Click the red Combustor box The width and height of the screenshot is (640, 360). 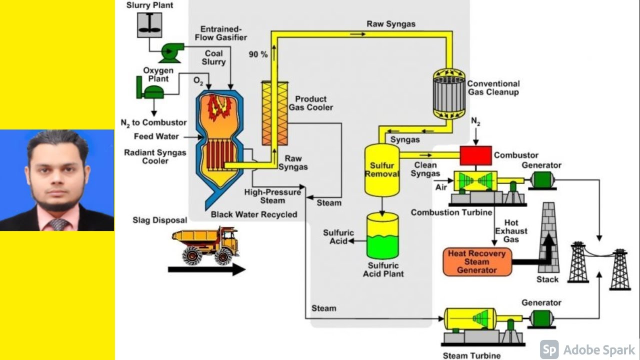(x=475, y=155)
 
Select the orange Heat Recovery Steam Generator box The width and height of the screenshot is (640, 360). (x=477, y=261)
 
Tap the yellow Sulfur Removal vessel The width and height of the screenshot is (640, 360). (x=382, y=170)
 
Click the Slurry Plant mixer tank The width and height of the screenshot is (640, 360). (x=149, y=24)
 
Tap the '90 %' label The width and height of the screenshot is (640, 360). (x=258, y=54)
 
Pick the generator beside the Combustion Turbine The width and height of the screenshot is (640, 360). (x=541, y=179)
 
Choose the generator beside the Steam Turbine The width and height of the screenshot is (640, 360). (x=541, y=317)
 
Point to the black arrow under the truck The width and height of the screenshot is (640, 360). (x=206, y=269)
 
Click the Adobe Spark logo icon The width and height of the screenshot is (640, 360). (x=549, y=349)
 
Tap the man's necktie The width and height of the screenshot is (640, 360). (x=58, y=224)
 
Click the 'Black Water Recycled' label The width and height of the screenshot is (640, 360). (x=254, y=214)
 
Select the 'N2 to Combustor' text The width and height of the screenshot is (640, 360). (x=153, y=122)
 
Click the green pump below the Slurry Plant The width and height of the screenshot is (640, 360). (x=171, y=50)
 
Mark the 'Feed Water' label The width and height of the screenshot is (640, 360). (x=156, y=136)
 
